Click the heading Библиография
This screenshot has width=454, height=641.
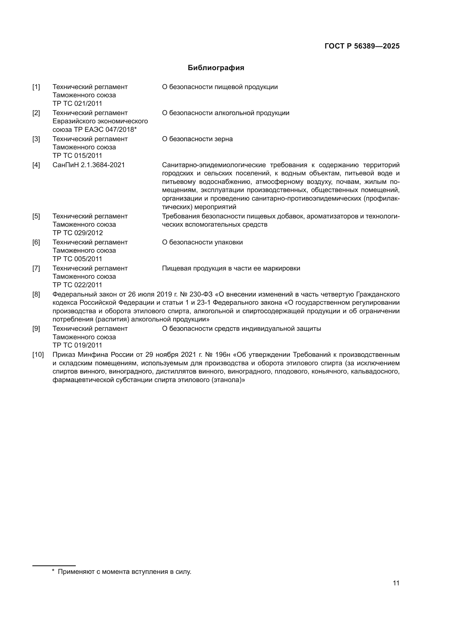tap(216, 68)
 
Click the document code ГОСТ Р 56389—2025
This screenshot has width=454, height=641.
tap(362, 46)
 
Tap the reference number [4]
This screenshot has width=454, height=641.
tap(36, 165)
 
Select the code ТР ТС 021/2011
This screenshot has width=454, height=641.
tap(77, 104)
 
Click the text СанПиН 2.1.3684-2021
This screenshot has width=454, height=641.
tap(89, 165)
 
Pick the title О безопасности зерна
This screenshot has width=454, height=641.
tap(197, 139)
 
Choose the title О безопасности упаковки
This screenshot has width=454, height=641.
tap(202, 242)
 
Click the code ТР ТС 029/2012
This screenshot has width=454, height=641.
tap(77, 233)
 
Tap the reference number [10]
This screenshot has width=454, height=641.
tap(38, 355)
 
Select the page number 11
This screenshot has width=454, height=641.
tap(396, 583)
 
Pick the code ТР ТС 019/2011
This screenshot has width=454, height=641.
tap(77, 345)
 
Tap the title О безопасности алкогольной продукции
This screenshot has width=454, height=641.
tap(225, 113)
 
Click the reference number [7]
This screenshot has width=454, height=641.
tap(36, 269)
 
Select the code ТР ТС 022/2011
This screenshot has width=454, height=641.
tap(77, 285)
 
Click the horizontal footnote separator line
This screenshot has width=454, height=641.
tap(54, 566)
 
